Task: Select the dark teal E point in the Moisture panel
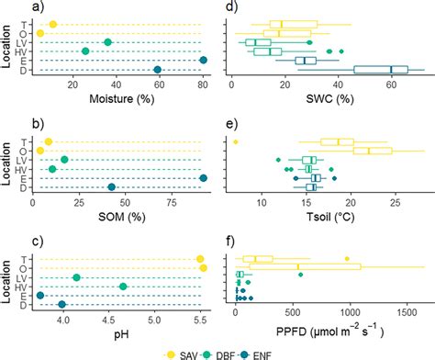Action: (204, 61)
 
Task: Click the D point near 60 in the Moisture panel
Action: (157, 70)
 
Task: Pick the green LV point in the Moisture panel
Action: (107, 42)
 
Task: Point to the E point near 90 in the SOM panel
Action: (204, 178)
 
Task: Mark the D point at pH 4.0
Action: (62, 305)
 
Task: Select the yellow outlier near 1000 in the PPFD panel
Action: (347, 259)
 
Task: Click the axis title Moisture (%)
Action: (117, 95)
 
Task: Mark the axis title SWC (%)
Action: (328, 95)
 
